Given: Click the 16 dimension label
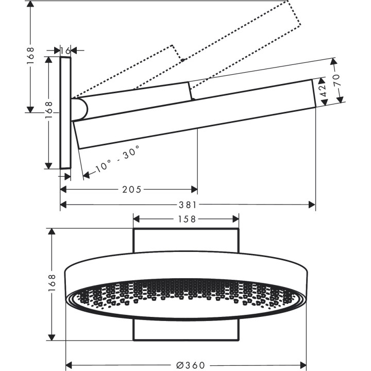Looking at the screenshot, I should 65,50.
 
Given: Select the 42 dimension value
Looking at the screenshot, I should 324,92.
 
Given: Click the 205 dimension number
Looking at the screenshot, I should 132,190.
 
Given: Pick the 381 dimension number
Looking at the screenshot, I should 189,205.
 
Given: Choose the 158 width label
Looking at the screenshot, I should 186,218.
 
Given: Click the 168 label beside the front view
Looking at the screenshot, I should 51,284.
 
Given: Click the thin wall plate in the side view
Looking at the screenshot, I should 65,112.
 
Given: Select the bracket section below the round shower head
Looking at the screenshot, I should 186,330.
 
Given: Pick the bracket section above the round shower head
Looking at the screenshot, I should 186,241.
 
